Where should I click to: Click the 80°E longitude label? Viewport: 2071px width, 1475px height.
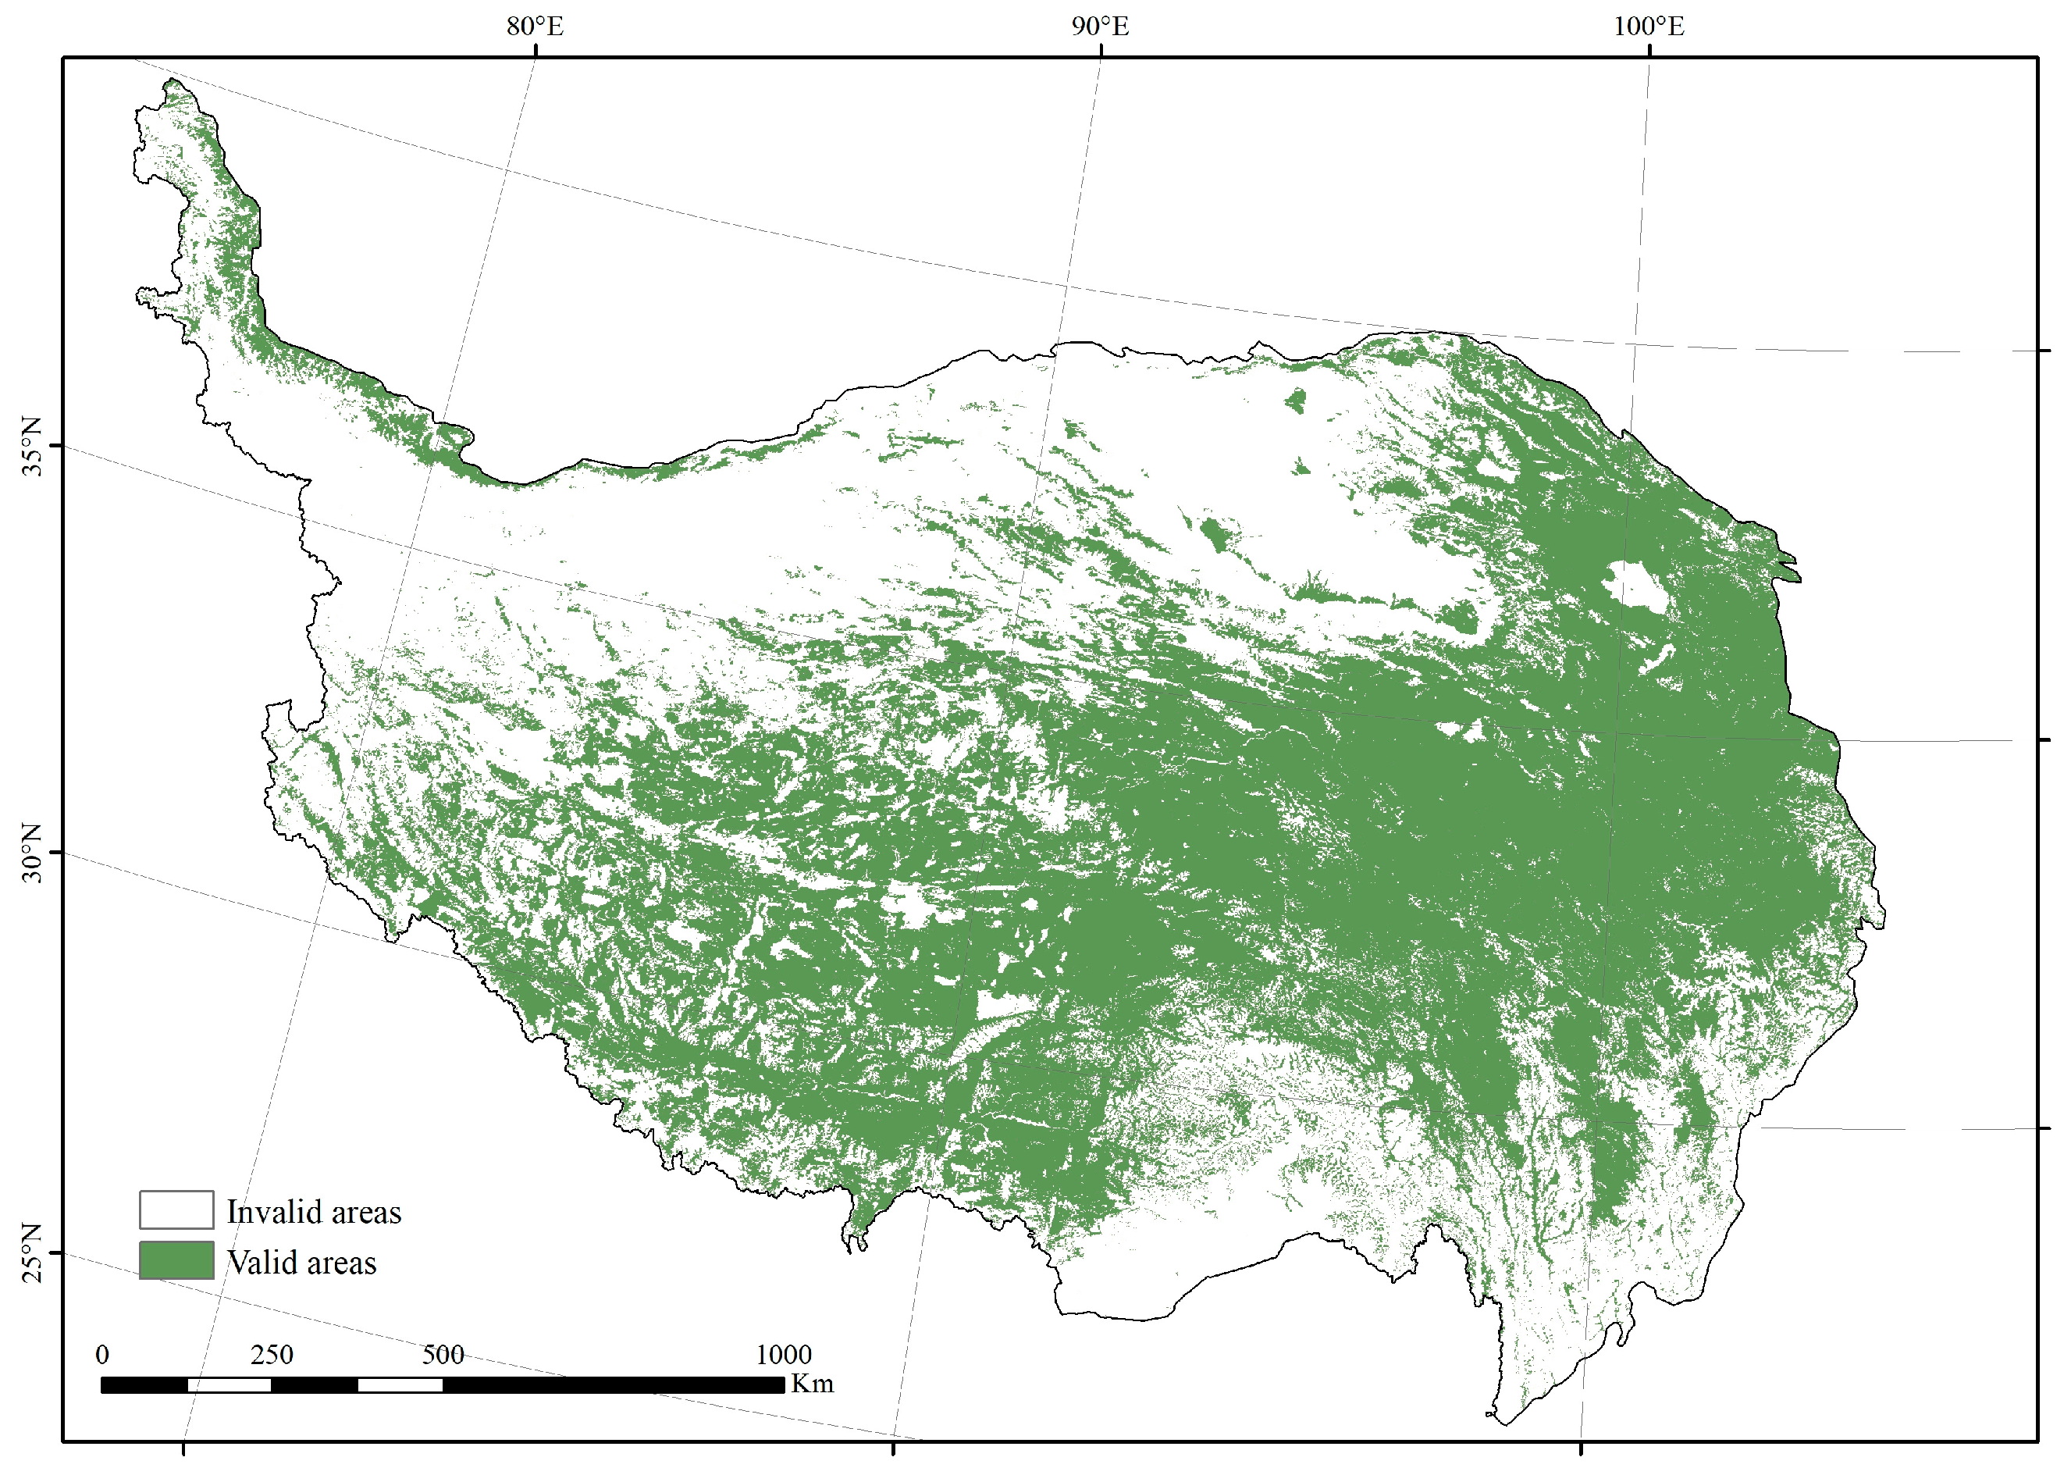535,27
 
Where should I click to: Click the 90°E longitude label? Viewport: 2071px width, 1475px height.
1101,27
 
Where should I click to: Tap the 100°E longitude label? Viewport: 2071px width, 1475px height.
1648,27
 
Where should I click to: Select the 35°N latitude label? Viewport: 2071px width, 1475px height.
32,446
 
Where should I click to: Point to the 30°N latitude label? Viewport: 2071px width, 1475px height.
32,853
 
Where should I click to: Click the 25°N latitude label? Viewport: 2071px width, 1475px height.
32,1252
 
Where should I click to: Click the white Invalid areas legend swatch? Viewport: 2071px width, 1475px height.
176,1209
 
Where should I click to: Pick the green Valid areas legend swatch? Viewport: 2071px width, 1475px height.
176,1259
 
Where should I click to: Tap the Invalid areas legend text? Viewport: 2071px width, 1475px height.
313,1212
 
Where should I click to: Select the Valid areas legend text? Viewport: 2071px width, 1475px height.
301,1263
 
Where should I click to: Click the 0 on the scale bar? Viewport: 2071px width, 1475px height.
102,1354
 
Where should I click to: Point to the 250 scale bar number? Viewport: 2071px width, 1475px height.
272,1354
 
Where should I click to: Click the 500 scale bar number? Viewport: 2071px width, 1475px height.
443,1354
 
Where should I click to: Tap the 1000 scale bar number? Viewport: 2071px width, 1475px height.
784,1354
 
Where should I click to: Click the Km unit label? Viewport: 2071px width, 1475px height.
812,1384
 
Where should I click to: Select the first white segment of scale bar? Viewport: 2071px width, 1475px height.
229,1385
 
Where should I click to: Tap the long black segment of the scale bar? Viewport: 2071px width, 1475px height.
614,1385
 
